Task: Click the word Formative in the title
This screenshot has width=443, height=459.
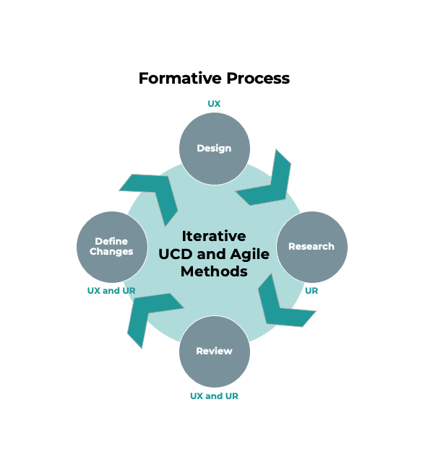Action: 174,78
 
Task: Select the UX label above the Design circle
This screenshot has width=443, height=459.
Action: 214,104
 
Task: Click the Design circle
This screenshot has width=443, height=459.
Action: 214,148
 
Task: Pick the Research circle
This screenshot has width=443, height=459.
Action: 311,247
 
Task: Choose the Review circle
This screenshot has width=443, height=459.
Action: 214,351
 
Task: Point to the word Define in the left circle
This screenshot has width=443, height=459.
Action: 112,241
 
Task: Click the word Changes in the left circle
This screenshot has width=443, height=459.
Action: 112,252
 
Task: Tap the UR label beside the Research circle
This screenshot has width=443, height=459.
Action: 311,291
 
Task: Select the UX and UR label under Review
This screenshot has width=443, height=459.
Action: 214,396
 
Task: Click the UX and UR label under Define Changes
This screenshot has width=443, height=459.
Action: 111,291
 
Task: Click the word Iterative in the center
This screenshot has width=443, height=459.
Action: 214,236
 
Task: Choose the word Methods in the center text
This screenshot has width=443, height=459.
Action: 214,271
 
